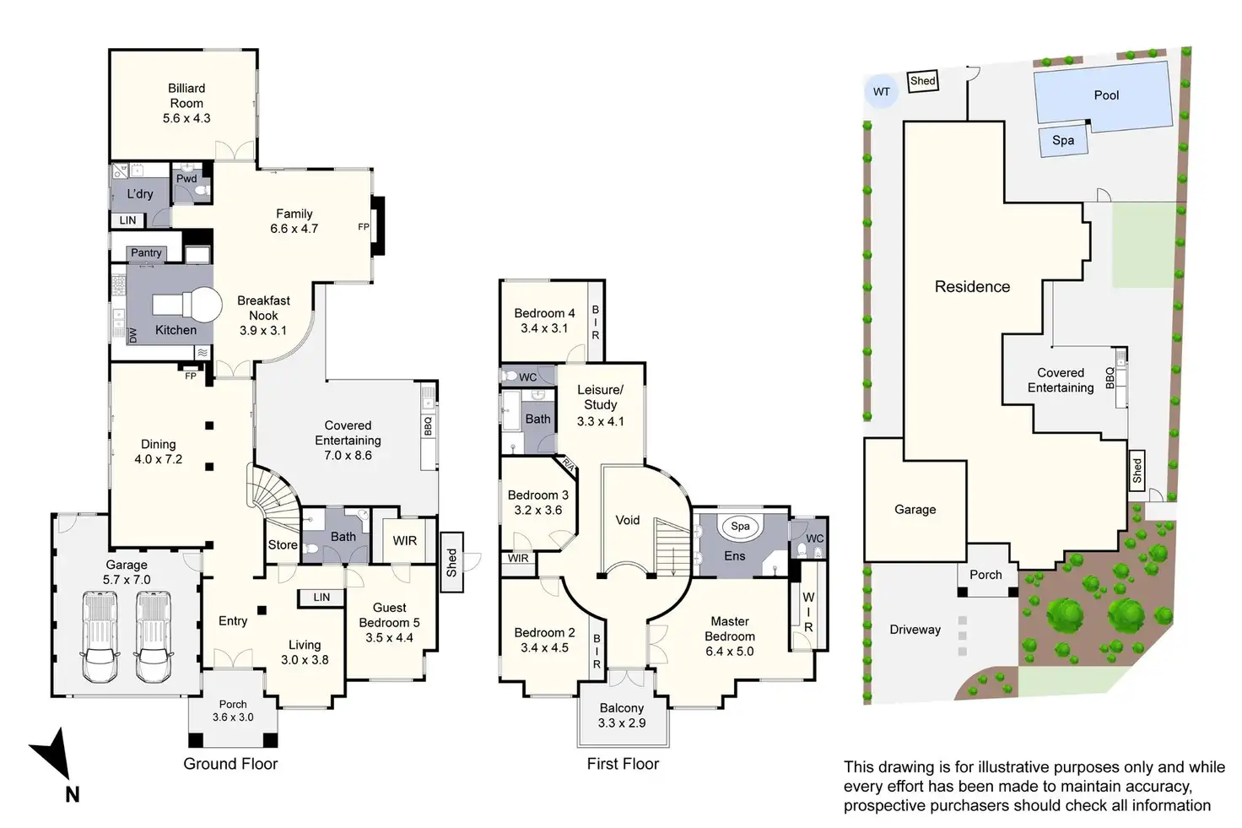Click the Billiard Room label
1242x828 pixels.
(186, 95)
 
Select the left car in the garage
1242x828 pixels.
(100, 636)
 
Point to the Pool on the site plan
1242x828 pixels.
(1105, 95)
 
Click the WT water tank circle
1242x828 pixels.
(881, 91)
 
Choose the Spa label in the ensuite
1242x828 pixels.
(740, 526)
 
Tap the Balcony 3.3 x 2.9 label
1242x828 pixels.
(621, 716)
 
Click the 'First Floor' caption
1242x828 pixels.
(623, 764)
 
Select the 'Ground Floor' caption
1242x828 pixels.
(230, 764)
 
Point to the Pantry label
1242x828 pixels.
(146, 252)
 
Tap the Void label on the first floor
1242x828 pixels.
(628, 520)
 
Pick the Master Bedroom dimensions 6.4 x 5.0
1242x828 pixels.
(730, 652)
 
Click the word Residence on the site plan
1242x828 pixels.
(972, 286)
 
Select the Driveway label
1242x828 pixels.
(915, 630)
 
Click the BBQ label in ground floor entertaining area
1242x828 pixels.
(428, 425)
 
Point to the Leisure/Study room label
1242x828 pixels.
(600, 397)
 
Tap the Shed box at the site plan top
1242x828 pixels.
(923, 81)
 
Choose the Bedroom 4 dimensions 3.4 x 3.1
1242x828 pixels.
(544, 328)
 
